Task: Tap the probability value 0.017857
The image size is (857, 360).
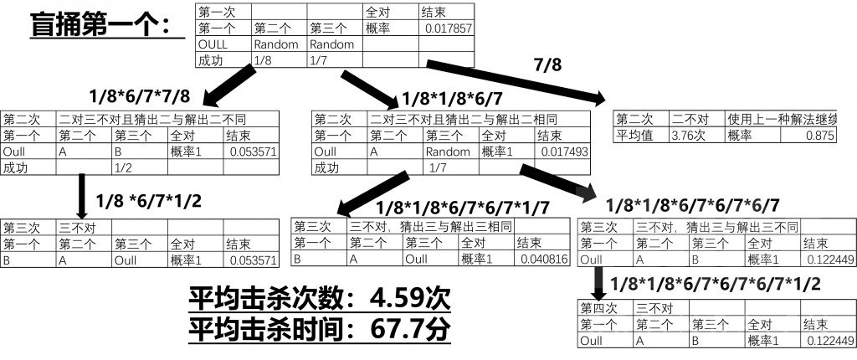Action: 448,28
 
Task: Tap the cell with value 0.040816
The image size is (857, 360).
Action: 541,260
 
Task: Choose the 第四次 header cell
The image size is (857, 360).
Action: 607,308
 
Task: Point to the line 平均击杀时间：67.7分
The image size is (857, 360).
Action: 320,328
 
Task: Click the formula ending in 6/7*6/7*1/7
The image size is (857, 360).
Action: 463,208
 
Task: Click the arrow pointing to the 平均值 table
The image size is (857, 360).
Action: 519,80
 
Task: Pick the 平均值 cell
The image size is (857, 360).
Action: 641,135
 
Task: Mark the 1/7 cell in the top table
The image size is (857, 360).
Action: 334,60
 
